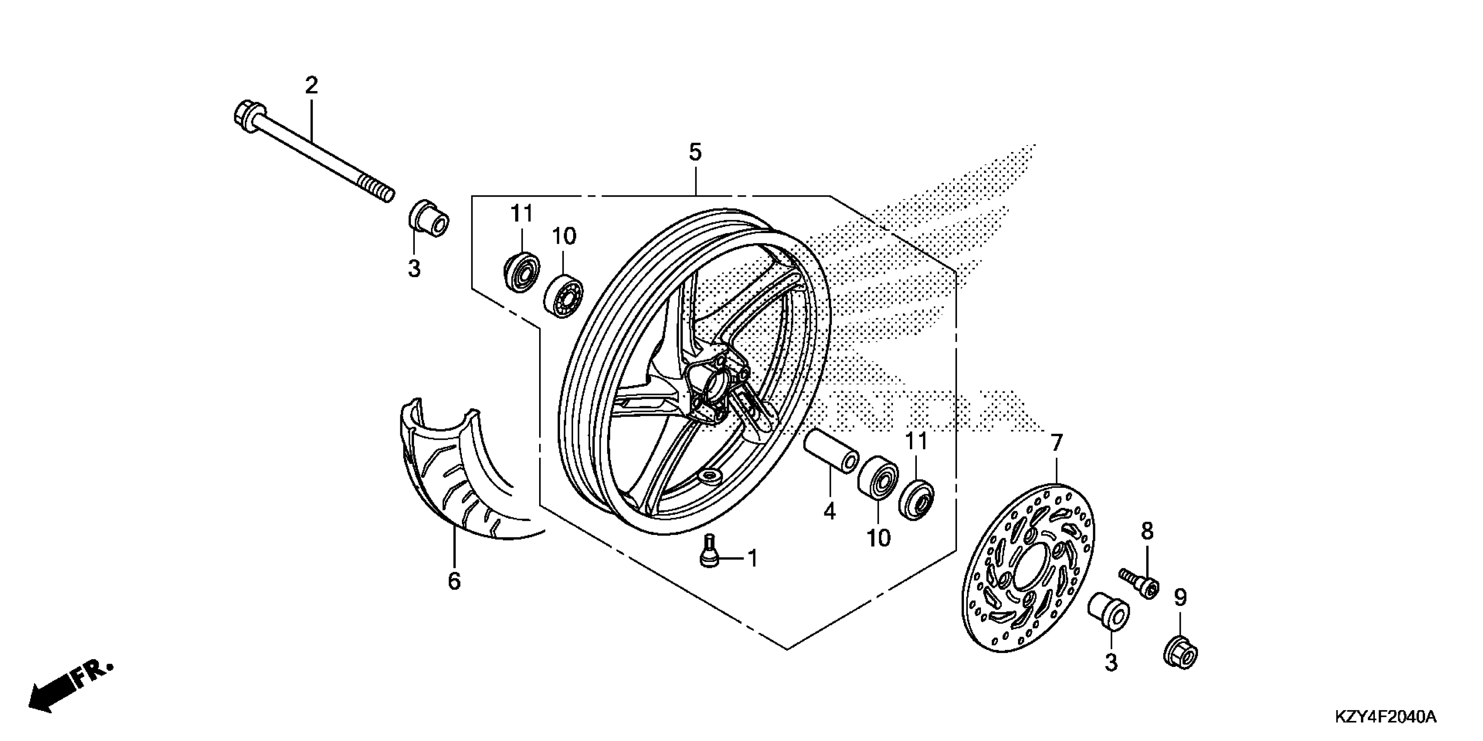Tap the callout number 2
[x=311, y=86]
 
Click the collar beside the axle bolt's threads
[x=429, y=220]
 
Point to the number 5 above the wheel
[x=695, y=153]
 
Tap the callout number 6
[x=454, y=581]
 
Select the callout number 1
[x=752, y=558]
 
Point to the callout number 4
[x=829, y=511]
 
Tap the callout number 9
[x=1180, y=598]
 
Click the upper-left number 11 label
[x=522, y=214]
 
